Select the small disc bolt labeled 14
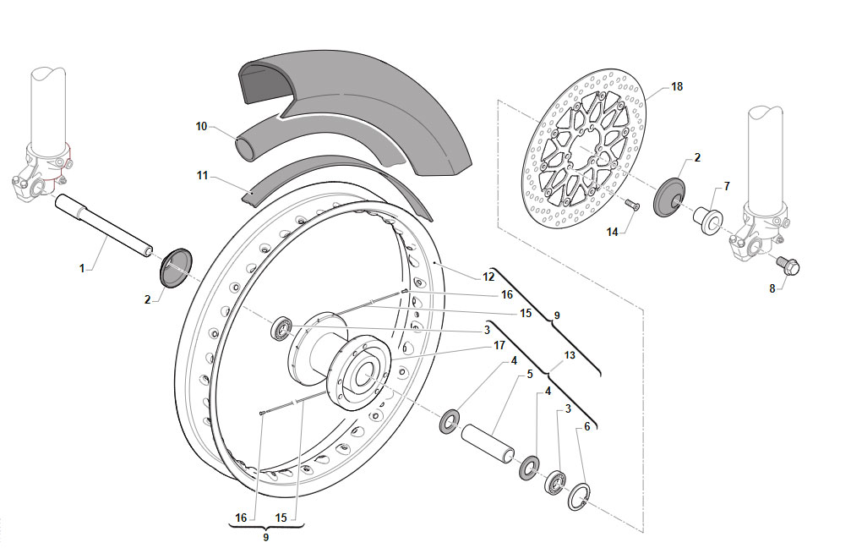(x=632, y=205)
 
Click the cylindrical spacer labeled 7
(x=707, y=221)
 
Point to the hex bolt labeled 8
(x=788, y=265)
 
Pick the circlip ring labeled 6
(x=581, y=496)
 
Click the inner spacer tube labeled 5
(x=488, y=443)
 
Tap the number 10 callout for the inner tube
(x=201, y=127)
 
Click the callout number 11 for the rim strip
(x=203, y=176)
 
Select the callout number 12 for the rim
(x=488, y=277)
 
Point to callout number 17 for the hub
(x=499, y=345)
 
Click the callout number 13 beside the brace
(x=570, y=355)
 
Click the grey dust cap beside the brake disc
(x=669, y=197)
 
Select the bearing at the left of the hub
(x=282, y=329)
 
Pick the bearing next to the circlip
(x=556, y=482)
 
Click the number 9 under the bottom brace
(x=266, y=537)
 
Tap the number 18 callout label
(x=677, y=86)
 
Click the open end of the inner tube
(x=245, y=149)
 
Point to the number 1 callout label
(x=82, y=268)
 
